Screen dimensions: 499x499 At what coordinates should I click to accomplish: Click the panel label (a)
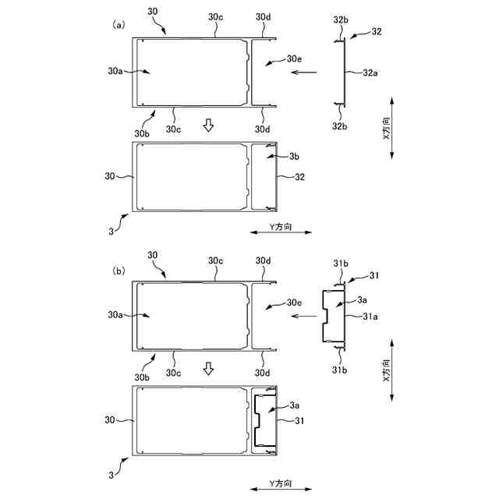click(119, 25)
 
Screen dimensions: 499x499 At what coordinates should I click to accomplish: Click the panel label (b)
click(119, 271)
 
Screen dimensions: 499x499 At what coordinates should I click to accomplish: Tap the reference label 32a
click(371, 73)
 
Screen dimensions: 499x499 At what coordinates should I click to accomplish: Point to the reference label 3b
click(293, 157)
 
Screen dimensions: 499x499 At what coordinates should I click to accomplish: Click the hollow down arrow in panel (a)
click(207, 126)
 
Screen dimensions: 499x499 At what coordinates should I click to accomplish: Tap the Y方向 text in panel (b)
click(281, 482)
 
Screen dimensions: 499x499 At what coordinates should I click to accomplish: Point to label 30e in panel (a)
click(294, 58)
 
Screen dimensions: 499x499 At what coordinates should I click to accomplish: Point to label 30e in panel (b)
click(294, 303)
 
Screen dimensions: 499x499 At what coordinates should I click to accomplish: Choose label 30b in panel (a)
click(142, 133)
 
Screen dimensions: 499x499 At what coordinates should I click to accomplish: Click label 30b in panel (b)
click(142, 377)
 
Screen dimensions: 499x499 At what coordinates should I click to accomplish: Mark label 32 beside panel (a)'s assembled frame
click(301, 177)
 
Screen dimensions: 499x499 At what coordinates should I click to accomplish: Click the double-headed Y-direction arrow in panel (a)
click(281, 232)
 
